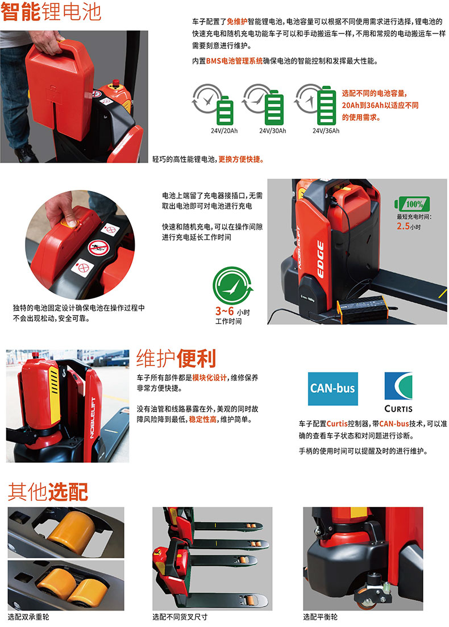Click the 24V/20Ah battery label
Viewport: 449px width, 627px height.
[224, 131]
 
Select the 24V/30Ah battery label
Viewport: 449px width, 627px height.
[272, 131]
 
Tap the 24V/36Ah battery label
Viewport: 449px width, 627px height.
[326, 131]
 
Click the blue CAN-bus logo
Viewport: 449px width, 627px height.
[332, 389]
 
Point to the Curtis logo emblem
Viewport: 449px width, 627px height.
[398, 386]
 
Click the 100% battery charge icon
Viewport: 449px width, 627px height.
[412, 204]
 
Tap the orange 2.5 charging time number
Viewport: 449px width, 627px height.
[403, 226]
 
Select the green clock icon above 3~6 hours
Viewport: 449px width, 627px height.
[232, 285]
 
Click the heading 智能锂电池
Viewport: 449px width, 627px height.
[51, 11]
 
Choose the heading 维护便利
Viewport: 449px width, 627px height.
[176, 358]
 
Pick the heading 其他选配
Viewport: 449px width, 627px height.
[48, 492]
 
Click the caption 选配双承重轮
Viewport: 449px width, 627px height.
[28, 617]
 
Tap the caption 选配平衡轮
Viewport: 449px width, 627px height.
[320, 617]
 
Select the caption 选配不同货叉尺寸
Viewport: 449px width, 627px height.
[180, 617]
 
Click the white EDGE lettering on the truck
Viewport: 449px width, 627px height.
[320, 260]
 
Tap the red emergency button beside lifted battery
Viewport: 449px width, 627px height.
[116, 84]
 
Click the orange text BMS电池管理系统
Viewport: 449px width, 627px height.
[234, 61]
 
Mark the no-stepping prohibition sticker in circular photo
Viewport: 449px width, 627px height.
[98, 248]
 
